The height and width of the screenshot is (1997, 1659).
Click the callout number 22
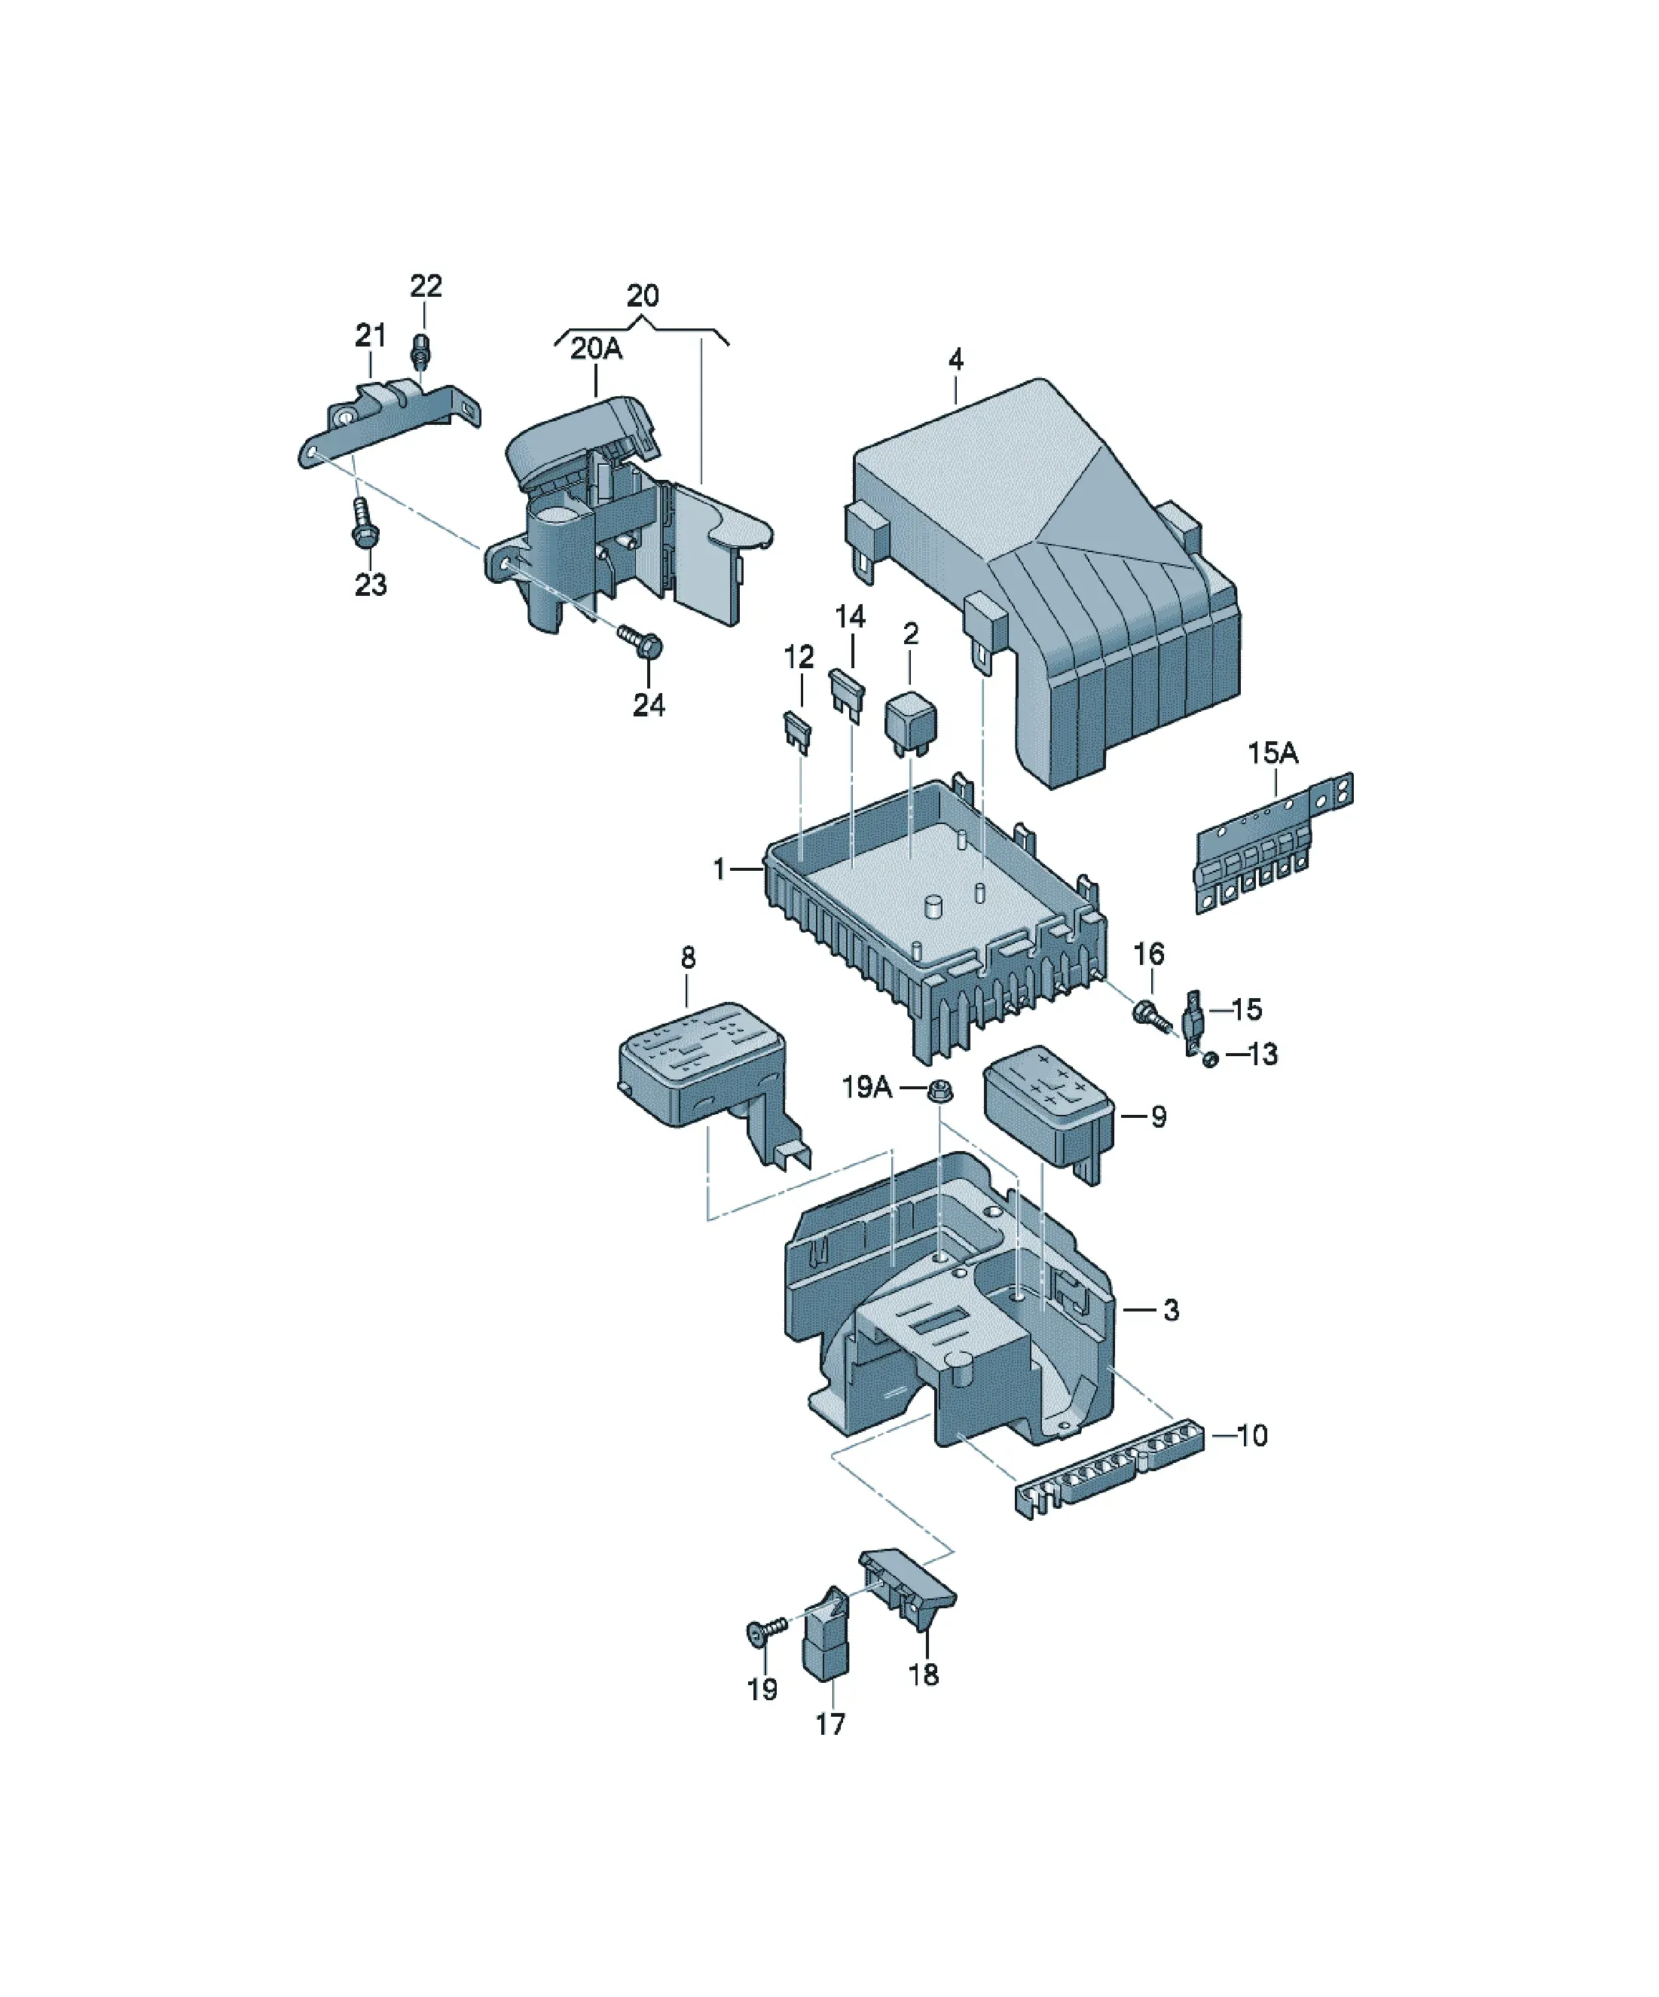pos(426,286)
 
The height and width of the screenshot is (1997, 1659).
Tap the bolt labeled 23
pos(362,523)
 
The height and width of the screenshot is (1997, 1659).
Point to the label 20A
pos(597,349)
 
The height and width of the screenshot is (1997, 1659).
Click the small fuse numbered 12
pos(797,732)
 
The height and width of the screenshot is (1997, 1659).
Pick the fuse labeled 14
pos(848,695)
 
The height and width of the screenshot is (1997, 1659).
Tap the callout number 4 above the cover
pos(956,359)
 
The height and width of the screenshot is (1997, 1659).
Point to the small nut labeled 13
pos(1210,1058)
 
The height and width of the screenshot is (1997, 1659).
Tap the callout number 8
pos(689,957)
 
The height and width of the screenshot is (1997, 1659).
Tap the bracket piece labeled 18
pos(908,1590)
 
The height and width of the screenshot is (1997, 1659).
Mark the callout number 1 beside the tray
pos(720,869)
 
